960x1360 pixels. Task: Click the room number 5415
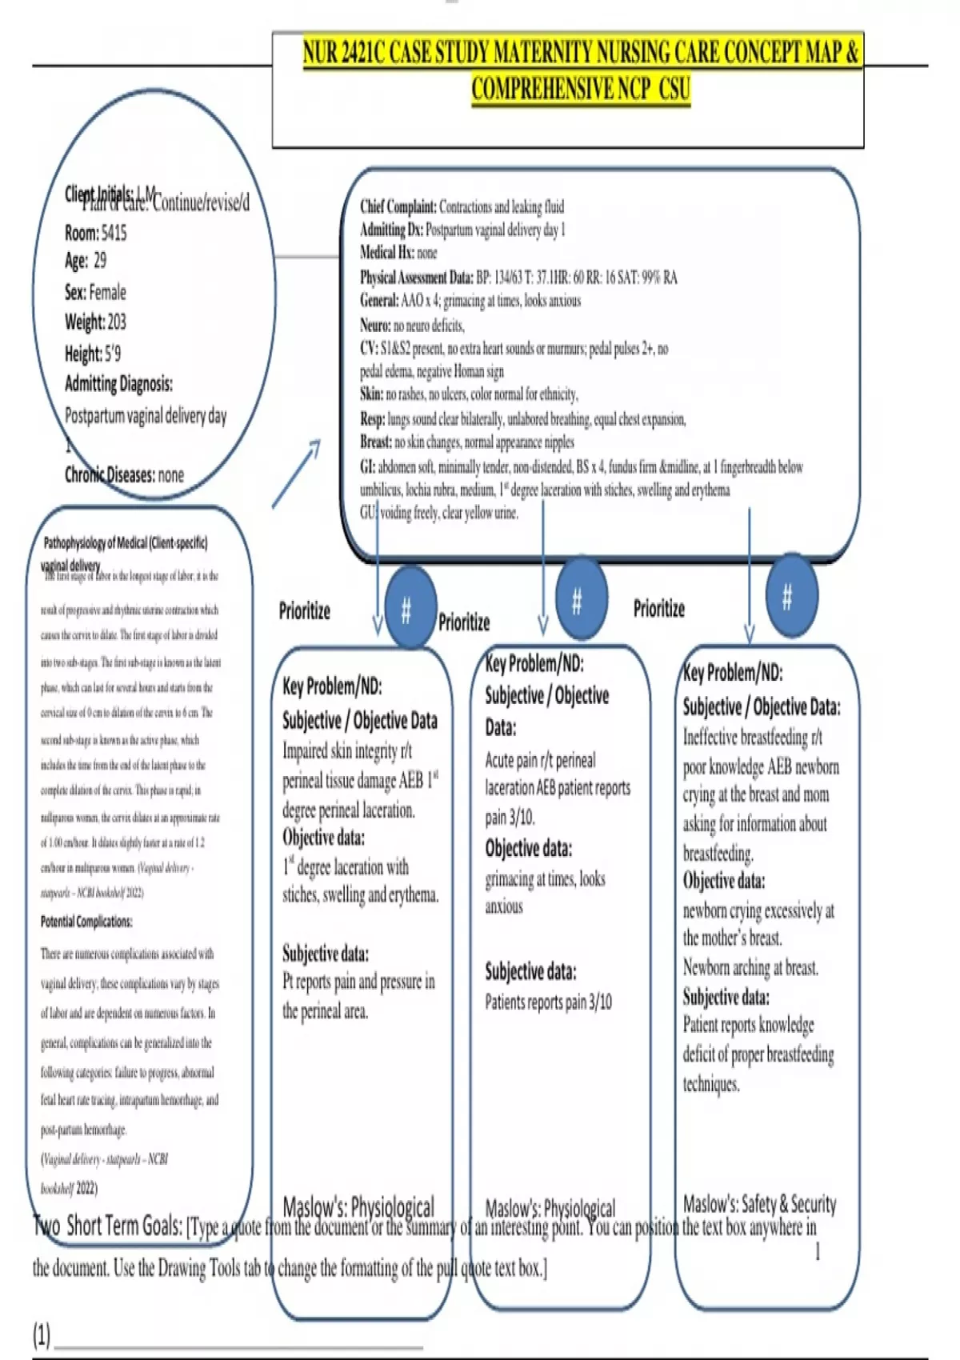pyautogui.click(x=114, y=233)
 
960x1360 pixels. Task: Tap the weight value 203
pyautogui.click(x=117, y=322)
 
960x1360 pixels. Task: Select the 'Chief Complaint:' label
pyautogui.click(x=398, y=207)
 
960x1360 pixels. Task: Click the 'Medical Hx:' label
pyautogui.click(x=387, y=253)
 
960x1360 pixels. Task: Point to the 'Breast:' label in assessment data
pyautogui.click(x=376, y=442)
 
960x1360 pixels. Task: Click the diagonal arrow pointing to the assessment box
pyautogui.click(x=296, y=473)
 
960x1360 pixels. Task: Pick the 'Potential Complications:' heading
pyautogui.click(x=86, y=922)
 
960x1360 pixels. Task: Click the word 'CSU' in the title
pyautogui.click(x=674, y=88)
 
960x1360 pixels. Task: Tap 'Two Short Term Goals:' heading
pyautogui.click(x=108, y=1226)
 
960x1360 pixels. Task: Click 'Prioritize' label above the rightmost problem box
pyautogui.click(x=658, y=609)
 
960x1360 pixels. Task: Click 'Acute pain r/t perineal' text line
pyautogui.click(x=540, y=760)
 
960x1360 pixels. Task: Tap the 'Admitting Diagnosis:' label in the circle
pyautogui.click(x=118, y=384)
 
